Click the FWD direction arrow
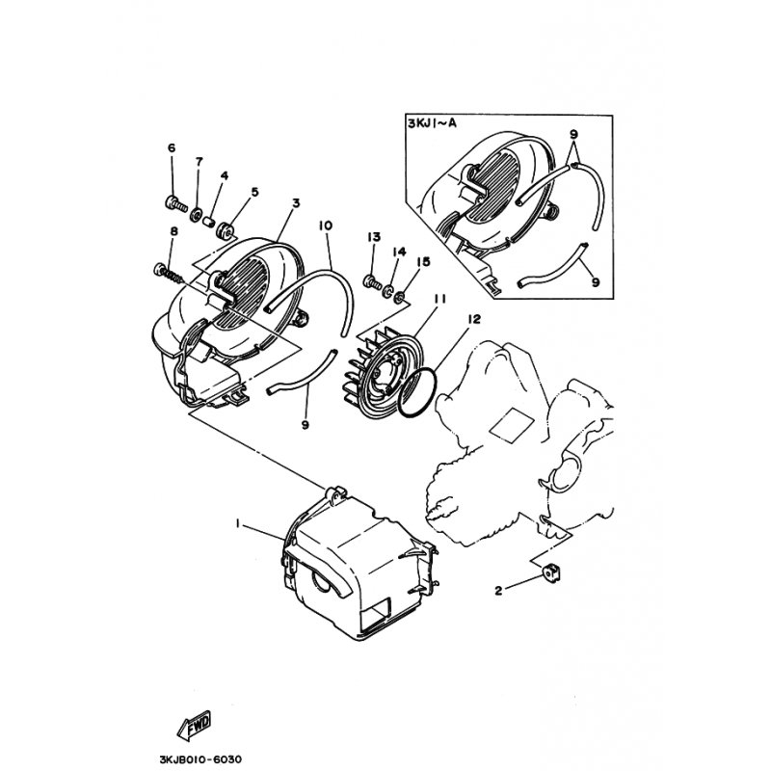(194, 726)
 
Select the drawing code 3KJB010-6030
(200, 759)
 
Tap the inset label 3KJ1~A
(432, 123)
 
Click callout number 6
(172, 147)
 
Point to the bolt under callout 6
(176, 202)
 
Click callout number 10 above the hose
(326, 226)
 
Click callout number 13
(374, 237)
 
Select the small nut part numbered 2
(552, 573)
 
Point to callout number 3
(296, 202)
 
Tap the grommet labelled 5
(226, 230)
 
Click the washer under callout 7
(197, 214)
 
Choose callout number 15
(423, 261)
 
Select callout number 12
(473, 319)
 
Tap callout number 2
(498, 591)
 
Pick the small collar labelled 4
(210, 221)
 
